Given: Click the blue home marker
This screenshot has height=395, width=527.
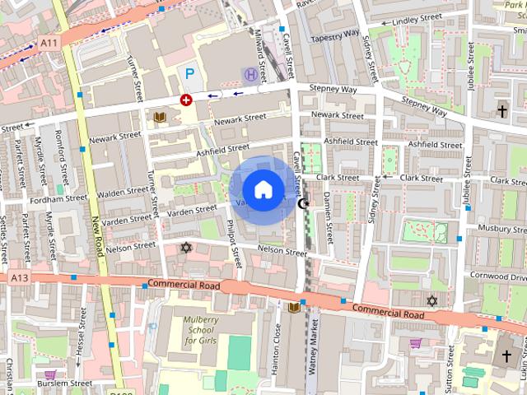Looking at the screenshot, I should pos(263,190).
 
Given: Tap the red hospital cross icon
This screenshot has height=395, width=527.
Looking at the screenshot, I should pos(186,100).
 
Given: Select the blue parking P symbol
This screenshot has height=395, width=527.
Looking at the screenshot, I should pos(189,74).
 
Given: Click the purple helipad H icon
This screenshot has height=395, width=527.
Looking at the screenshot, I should pos(249,75).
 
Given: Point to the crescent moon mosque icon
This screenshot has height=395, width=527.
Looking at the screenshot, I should pos(303,202).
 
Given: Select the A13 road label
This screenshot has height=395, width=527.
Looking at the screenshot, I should pos(19,279).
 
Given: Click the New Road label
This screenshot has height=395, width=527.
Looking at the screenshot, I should pos(98,236).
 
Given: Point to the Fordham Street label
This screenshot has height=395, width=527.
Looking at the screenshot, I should pos(58,198).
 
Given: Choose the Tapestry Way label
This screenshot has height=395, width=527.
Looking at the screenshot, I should pos(333,36).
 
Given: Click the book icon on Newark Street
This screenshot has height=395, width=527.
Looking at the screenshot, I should pos(159,117).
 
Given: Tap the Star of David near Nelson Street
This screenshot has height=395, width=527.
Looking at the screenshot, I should pos(185,247).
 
